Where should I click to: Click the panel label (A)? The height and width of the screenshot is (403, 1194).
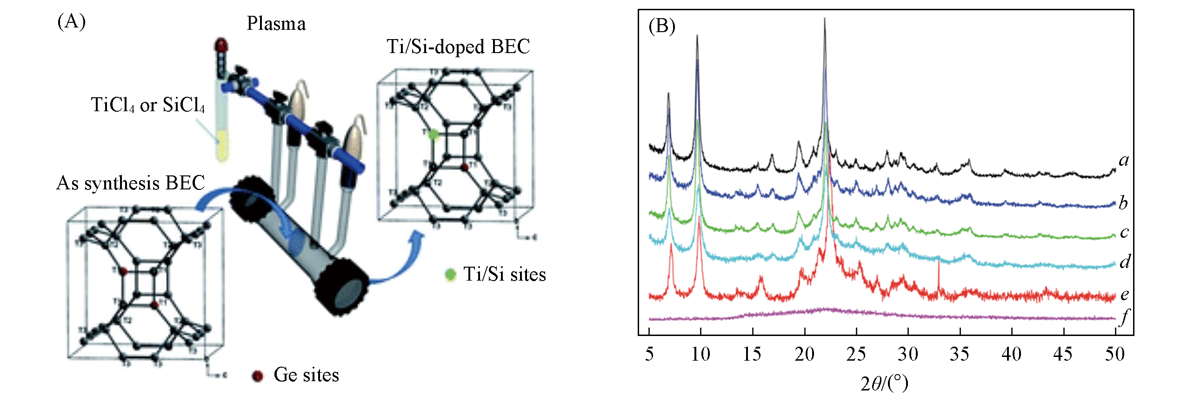click(x=71, y=21)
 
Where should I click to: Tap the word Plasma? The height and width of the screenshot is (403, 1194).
click(x=276, y=24)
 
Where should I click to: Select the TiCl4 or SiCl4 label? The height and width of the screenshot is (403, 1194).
click(x=147, y=105)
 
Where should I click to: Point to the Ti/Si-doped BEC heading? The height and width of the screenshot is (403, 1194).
click(x=458, y=47)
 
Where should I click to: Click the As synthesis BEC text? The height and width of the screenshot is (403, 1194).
click(x=130, y=183)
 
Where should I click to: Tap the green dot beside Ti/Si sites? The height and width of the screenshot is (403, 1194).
click(x=450, y=275)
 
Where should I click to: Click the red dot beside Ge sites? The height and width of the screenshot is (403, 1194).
click(x=257, y=376)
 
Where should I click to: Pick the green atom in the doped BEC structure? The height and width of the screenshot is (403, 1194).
click(x=434, y=134)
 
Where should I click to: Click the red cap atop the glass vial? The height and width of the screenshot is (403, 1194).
click(x=221, y=46)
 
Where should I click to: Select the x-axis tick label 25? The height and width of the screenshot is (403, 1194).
click(x=856, y=354)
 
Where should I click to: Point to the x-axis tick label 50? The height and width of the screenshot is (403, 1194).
click(x=1115, y=354)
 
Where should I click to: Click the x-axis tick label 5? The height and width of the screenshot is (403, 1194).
click(x=649, y=354)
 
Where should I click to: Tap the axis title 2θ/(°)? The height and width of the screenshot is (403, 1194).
click(x=884, y=383)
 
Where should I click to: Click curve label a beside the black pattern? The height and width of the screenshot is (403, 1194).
click(x=1124, y=160)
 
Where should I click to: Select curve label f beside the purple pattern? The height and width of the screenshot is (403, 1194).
click(x=1124, y=317)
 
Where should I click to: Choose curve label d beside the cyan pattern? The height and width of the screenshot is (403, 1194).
click(x=1124, y=262)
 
